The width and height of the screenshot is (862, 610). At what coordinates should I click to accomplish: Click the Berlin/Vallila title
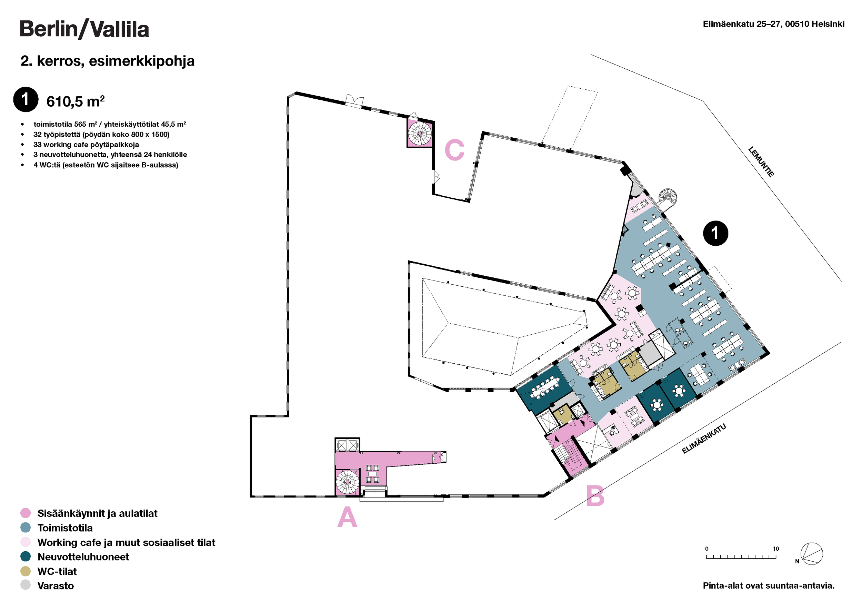click(x=84, y=29)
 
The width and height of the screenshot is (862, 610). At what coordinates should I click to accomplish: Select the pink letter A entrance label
click(x=347, y=517)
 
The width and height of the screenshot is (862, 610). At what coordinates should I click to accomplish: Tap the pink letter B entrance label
click(x=595, y=496)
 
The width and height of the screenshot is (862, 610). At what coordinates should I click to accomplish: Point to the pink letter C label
click(x=454, y=150)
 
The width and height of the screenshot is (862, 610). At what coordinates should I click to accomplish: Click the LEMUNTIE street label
click(x=761, y=162)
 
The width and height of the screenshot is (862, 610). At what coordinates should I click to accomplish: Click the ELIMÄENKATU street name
click(x=704, y=439)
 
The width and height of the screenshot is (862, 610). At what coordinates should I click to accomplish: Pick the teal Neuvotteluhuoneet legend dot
click(x=26, y=557)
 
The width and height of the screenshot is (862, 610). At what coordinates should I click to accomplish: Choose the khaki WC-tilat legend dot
click(x=26, y=571)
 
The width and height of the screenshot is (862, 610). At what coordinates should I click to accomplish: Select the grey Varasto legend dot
click(x=26, y=586)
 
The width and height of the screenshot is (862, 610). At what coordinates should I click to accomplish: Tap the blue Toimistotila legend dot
click(x=26, y=528)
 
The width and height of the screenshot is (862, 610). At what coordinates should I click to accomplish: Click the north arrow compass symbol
click(x=811, y=554)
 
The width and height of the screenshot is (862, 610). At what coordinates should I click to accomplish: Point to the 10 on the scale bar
click(x=776, y=549)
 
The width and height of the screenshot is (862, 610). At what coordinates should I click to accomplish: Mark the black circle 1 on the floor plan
click(x=715, y=233)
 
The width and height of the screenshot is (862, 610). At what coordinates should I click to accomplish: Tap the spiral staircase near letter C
click(x=420, y=133)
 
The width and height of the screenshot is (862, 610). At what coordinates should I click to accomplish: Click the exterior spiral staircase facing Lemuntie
click(x=668, y=197)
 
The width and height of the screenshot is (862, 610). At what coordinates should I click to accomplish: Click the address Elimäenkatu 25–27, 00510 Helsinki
click(x=773, y=24)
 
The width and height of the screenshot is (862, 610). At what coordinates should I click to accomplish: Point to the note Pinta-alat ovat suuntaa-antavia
click(x=768, y=586)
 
